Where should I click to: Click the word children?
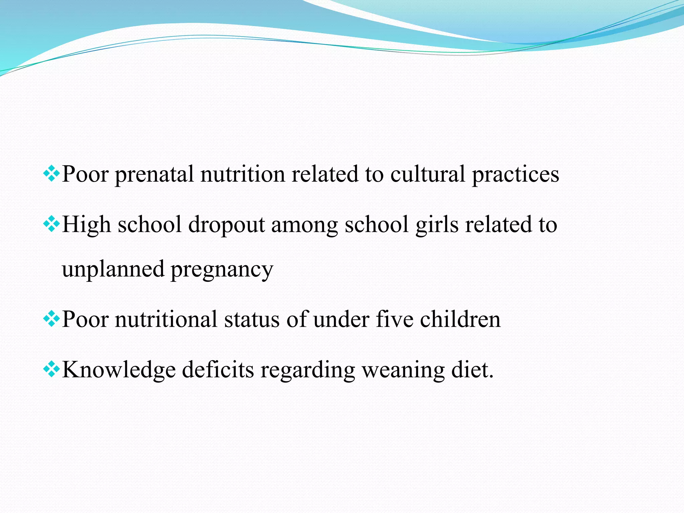460,319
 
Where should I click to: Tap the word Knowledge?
119,370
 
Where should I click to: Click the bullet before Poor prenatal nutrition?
51,173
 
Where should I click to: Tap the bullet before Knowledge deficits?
51,369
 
